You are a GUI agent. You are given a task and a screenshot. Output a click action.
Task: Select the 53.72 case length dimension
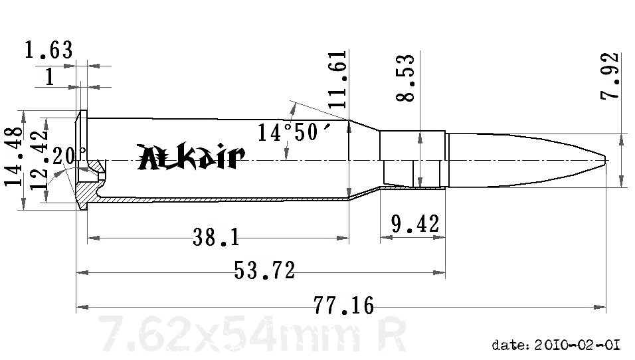264,270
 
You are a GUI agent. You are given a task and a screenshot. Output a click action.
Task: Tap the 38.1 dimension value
216,236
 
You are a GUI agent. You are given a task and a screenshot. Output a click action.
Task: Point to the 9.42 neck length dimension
415,224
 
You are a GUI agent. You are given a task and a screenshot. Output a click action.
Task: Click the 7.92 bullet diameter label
610,76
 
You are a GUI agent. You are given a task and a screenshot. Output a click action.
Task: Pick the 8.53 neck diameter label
406,78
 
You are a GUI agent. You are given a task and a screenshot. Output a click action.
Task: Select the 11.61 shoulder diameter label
338,82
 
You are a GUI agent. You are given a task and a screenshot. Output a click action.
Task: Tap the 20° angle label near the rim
69,157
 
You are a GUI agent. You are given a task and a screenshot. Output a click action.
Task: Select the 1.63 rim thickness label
48,50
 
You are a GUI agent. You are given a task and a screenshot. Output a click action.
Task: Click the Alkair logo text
191,157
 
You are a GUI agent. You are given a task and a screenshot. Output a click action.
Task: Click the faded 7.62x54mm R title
251,333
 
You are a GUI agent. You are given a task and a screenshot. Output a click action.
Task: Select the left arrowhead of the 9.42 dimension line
383,236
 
